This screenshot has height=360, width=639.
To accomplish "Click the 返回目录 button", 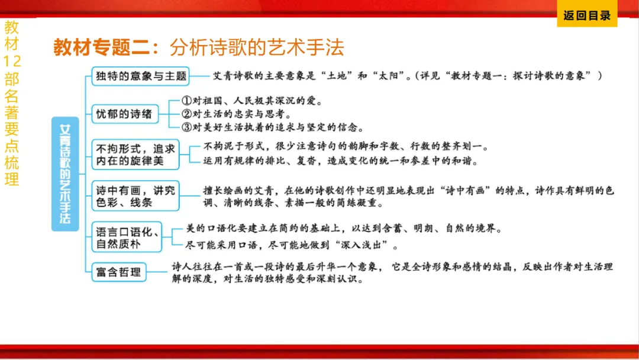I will [586, 16].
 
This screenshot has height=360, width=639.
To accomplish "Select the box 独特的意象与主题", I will [141, 76].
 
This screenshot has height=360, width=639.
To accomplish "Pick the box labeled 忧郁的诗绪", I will [124, 114].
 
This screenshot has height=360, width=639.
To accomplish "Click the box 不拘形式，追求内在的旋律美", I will [135, 154].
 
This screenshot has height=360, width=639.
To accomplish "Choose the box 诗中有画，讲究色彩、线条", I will [135, 196].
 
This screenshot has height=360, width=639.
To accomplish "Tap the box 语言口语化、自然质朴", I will [127, 237].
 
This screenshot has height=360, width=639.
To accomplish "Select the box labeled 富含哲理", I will [119, 272].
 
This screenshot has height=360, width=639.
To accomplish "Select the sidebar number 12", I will [12, 61].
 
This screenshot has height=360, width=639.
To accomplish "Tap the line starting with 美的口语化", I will [343, 229].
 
